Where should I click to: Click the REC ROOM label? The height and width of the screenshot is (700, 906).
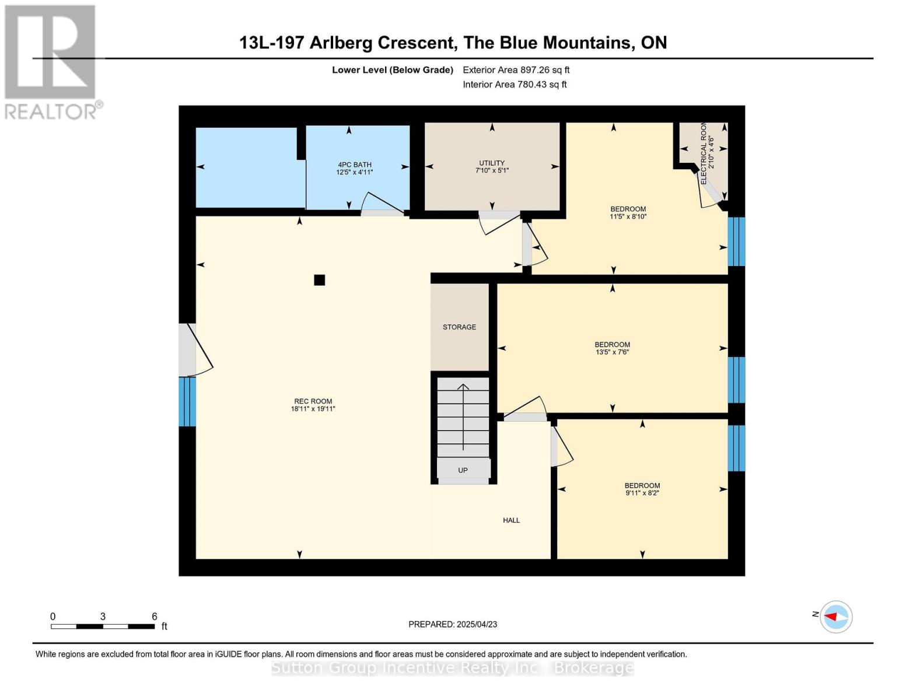click(x=313, y=401)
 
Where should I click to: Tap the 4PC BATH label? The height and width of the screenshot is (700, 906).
click(x=354, y=164)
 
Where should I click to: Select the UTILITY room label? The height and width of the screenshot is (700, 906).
click(x=492, y=163)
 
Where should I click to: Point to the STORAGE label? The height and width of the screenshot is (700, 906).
click(x=459, y=327)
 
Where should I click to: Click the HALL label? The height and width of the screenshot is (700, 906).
click(x=511, y=520)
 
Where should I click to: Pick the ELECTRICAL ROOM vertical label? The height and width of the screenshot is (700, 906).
click(x=704, y=153)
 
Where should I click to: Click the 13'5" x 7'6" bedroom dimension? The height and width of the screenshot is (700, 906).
click(x=612, y=352)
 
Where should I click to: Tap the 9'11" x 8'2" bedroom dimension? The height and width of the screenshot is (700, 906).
click(x=642, y=493)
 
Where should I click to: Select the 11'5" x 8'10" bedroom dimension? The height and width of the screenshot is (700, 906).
click(x=628, y=216)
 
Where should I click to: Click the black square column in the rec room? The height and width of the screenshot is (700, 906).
click(x=319, y=280)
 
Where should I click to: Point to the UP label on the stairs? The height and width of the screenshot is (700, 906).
click(x=463, y=470)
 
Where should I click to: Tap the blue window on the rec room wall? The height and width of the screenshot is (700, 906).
click(x=187, y=401)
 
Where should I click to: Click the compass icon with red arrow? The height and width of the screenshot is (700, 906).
click(x=836, y=617)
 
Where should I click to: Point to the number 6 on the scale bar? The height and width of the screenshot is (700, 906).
click(x=155, y=616)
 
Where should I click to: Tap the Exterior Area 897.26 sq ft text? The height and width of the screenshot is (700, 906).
click(x=516, y=70)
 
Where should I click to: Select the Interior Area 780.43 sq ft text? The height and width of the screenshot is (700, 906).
click(x=515, y=85)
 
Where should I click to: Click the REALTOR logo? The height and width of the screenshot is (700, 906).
click(x=51, y=61)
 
